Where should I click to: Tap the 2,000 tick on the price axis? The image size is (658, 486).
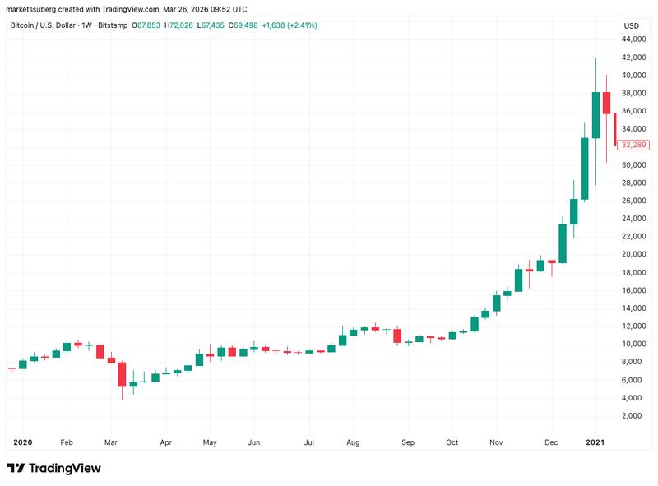pyautogui.click(x=633, y=416)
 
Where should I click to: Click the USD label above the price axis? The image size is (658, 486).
pyautogui.click(x=632, y=25)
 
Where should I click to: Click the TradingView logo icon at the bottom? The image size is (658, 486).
pyautogui.click(x=16, y=468)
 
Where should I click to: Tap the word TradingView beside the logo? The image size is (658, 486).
pyautogui.click(x=65, y=468)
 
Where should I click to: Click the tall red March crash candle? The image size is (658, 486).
pyautogui.click(x=122, y=374)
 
